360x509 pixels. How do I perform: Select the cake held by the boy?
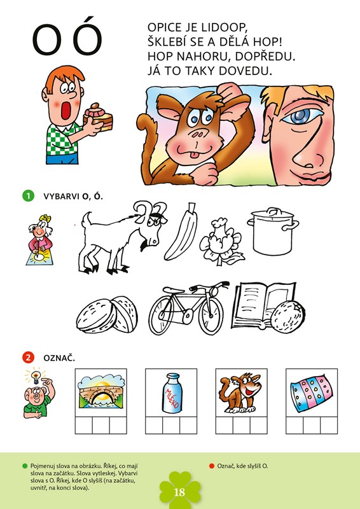point(99,117)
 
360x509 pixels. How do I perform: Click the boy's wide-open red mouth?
point(66,110)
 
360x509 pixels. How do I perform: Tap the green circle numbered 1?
point(28,196)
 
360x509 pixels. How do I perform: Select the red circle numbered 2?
point(28,358)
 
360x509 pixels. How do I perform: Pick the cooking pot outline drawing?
point(273,231)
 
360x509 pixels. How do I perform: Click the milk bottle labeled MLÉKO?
point(172,393)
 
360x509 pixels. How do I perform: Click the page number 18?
point(179,492)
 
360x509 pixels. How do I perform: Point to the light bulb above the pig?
point(36,377)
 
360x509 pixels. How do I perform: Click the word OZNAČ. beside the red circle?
point(59,358)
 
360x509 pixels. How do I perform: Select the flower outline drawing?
point(221,241)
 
